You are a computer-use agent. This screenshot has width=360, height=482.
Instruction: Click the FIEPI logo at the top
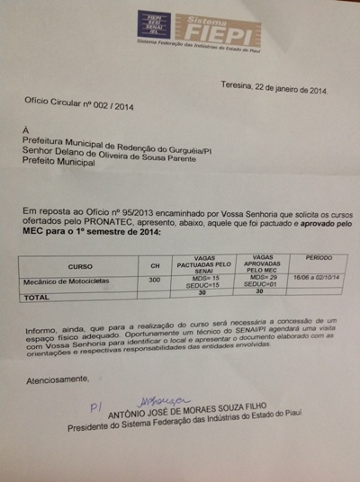pos(199,29)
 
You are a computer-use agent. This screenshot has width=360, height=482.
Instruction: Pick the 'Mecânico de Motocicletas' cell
pos(67,281)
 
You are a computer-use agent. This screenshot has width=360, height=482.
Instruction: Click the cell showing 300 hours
pos(155,281)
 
